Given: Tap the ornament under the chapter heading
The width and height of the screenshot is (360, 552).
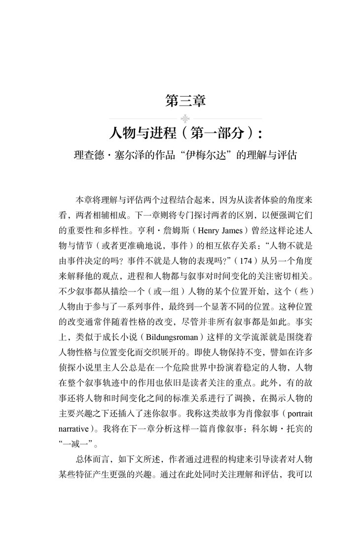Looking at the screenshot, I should click(x=185, y=118).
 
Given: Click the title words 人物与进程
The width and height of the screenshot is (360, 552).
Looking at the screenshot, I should click(x=138, y=134).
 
